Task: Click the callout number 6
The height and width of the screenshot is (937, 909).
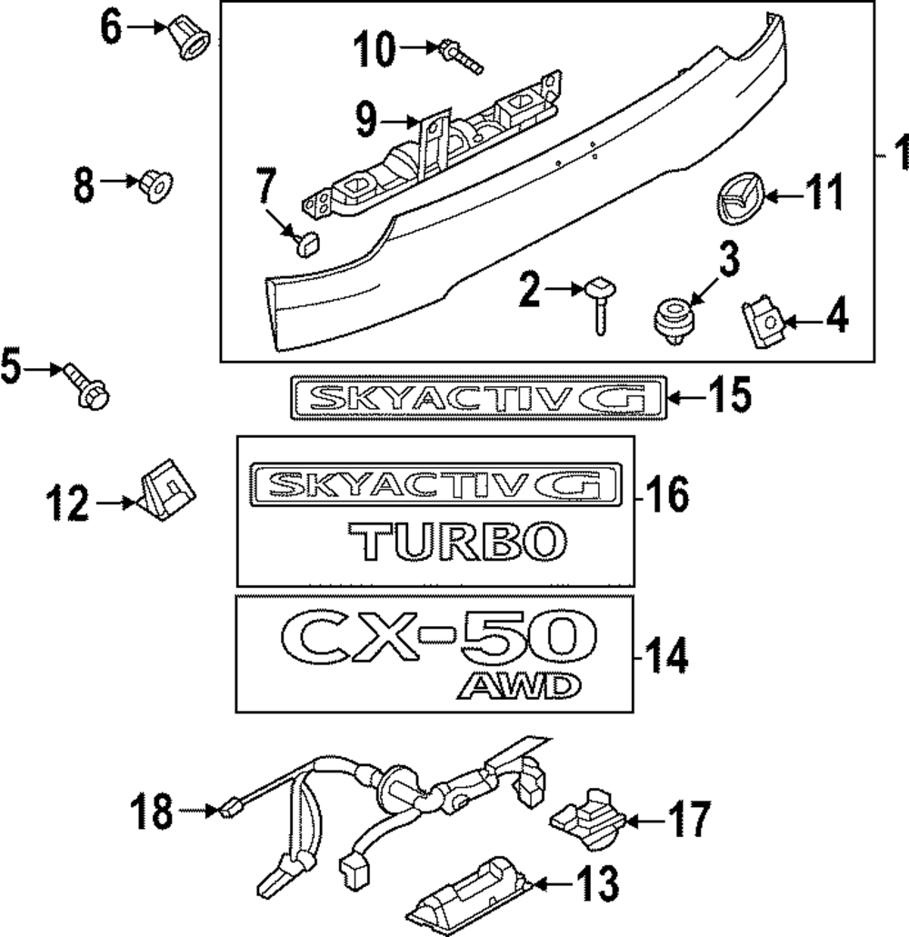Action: tap(111, 28)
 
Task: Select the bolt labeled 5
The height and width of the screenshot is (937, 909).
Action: tap(88, 385)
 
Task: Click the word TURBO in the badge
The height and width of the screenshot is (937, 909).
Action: tap(454, 540)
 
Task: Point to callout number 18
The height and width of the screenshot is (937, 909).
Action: tap(151, 812)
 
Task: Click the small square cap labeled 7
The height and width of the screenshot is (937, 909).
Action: tap(308, 243)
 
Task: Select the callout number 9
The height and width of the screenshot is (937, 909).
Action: tap(366, 118)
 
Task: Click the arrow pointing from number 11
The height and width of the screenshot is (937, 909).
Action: tap(775, 194)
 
